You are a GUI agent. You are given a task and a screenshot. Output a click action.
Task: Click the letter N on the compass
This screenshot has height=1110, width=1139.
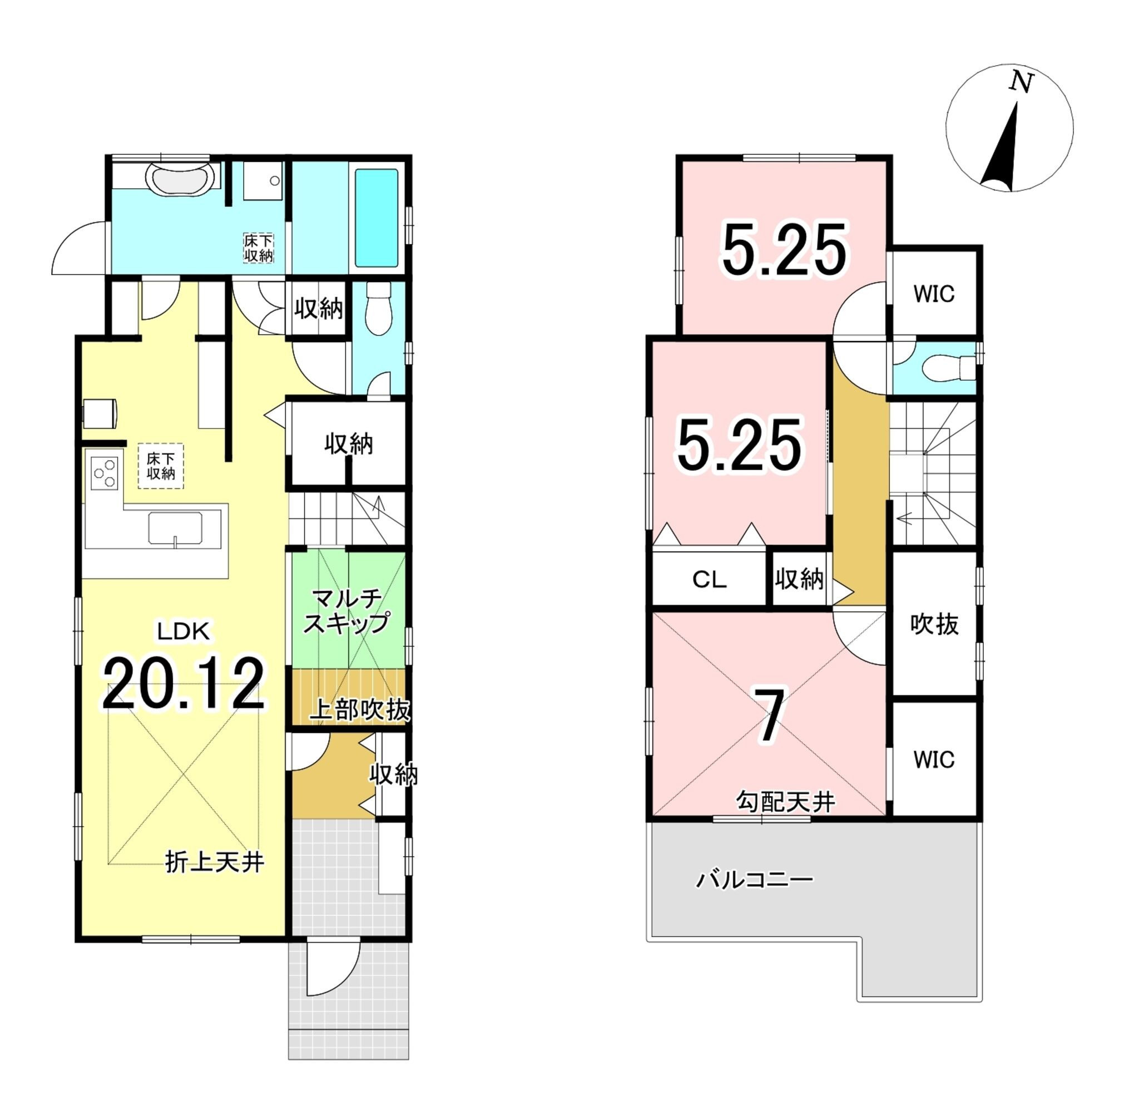pos(1021,83)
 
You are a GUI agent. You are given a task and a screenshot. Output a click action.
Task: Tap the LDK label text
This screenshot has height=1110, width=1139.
pos(183,631)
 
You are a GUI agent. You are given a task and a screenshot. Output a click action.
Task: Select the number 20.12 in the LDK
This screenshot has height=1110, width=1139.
pos(184,684)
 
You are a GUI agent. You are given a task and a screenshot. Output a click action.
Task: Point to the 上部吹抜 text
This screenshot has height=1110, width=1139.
pos(359,710)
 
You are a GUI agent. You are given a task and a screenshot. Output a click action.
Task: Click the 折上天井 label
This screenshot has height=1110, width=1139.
pos(215,862)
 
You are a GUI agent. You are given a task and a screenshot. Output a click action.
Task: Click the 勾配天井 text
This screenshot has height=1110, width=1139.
pos(786,802)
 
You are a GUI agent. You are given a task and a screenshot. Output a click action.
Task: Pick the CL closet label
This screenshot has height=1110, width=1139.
pos(709,580)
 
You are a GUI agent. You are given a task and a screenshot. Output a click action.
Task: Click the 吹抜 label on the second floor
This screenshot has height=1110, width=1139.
pos(934,624)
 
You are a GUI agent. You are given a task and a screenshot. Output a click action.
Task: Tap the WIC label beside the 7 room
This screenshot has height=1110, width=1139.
pos(934,759)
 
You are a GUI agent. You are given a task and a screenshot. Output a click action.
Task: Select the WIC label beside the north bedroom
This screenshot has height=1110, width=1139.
pos(934,294)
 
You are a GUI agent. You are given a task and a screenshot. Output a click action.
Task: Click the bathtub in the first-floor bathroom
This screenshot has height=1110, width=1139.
pos(377,218)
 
